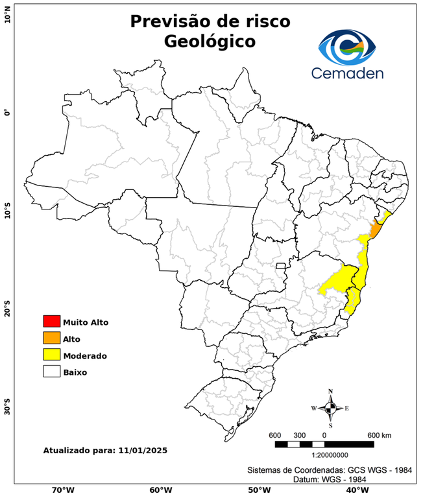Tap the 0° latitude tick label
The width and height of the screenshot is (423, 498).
coord(7,113)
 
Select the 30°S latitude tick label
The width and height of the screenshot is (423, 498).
coord(7,410)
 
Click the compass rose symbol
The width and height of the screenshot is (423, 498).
coord(330,408)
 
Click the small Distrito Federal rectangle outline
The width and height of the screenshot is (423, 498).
coord(281,266)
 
